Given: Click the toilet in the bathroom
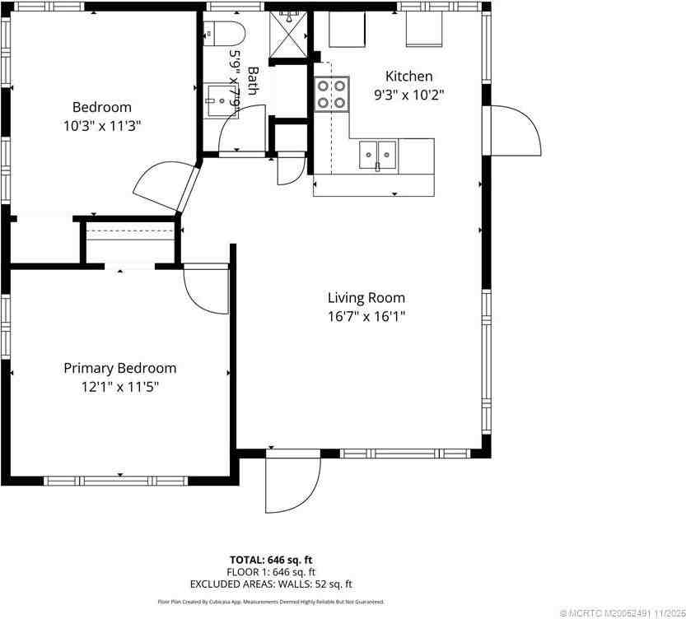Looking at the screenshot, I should click(224, 34).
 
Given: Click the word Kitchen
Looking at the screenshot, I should click(409, 77).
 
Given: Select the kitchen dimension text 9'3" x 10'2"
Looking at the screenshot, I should click(409, 94).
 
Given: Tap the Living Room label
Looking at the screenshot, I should click(366, 298).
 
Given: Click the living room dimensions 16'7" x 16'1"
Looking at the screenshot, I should click(366, 315).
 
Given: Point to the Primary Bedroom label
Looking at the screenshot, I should click(120, 368).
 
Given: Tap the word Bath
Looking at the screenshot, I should click(253, 81).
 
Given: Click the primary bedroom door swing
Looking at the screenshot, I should click(202, 290).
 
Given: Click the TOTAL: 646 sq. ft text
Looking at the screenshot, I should click(271, 560).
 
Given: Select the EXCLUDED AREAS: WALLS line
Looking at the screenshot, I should click(271, 584).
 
